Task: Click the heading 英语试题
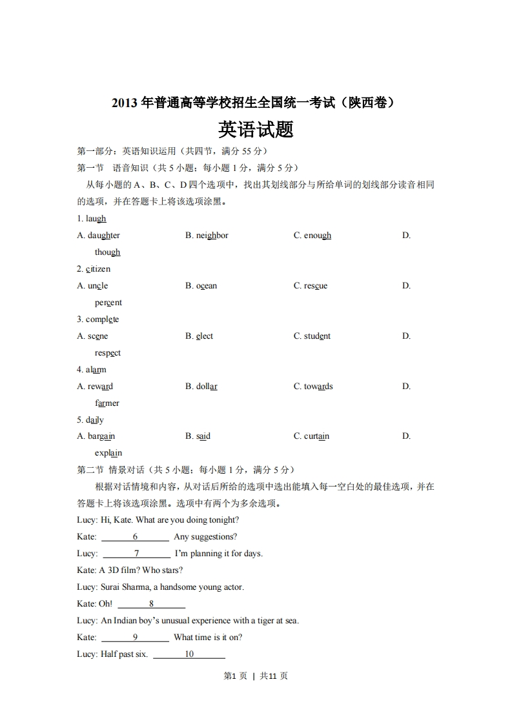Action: [x=256, y=130]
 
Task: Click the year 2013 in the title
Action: [x=125, y=102]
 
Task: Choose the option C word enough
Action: [x=317, y=236]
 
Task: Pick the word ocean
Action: [x=207, y=286]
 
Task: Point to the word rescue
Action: [x=316, y=286]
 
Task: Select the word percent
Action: [x=108, y=303]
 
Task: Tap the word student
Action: [x=317, y=336]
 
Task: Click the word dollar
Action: [x=207, y=387]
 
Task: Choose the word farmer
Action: [x=107, y=403]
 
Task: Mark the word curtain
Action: [x=316, y=437]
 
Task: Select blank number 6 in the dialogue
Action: [x=136, y=537]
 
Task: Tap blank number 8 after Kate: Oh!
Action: [x=151, y=604]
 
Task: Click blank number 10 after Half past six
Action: [x=189, y=654]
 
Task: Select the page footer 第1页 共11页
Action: [x=256, y=676]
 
